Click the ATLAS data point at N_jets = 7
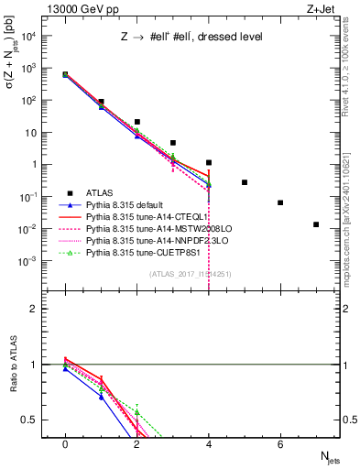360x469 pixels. click(316, 224)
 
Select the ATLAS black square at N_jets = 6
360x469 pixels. click(280, 202)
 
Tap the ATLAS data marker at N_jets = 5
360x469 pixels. click(245, 182)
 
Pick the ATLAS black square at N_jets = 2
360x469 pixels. click(136, 122)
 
